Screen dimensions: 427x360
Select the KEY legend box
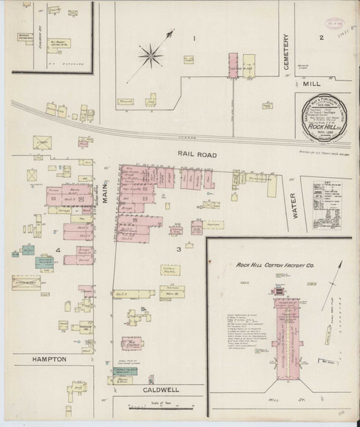[x=328, y=206]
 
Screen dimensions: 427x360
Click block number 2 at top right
[x=322, y=37]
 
